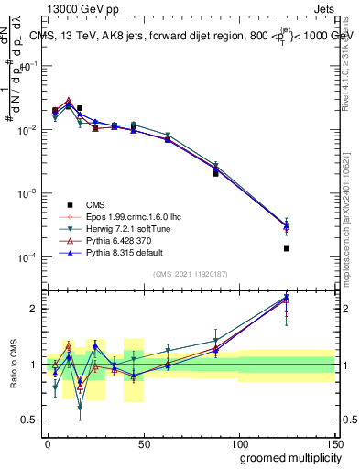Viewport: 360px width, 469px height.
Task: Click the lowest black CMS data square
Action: pyautogui.click(x=287, y=248)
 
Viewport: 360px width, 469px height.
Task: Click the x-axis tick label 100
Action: pyautogui.click(x=239, y=442)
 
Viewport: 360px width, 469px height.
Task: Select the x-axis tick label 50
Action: pyautogui.click(x=144, y=442)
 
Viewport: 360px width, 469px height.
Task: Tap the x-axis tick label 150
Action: pyautogui.click(x=334, y=442)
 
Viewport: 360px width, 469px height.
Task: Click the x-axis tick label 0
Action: pyautogui.click(x=48, y=442)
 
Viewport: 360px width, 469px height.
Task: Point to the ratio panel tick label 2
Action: pyautogui.click(x=31, y=309)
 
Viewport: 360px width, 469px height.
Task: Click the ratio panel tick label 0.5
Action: pyautogui.click(x=27, y=420)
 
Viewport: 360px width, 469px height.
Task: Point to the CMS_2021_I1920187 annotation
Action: pyautogui.click(x=190, y=274)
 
